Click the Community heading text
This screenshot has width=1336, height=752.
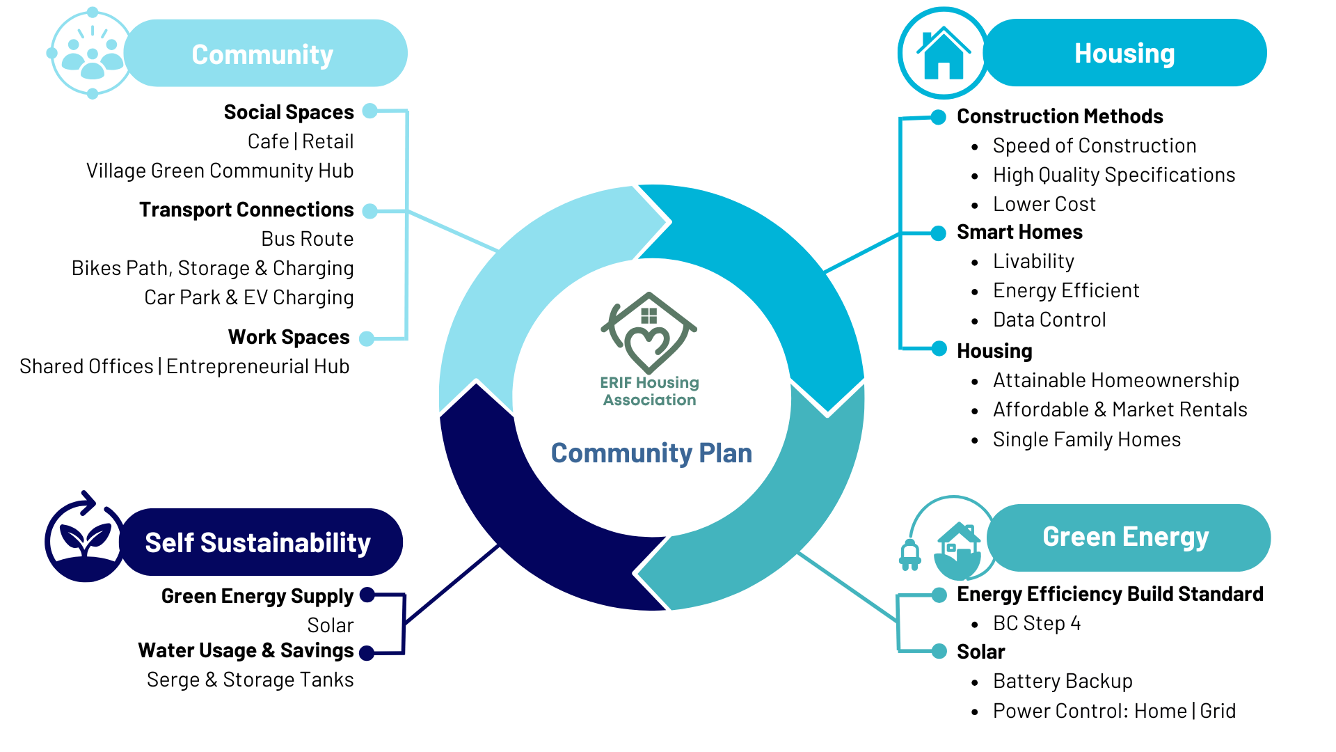coord(262,55)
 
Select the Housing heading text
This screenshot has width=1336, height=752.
coord(1124,54)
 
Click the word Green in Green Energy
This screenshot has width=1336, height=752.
coord(1079,537)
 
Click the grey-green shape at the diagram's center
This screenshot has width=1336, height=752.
coord(689,362)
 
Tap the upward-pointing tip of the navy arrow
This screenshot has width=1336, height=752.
coord(476,386)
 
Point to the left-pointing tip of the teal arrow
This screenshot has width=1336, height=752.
coord(637,575)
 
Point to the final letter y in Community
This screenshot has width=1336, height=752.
coord(326,58)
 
